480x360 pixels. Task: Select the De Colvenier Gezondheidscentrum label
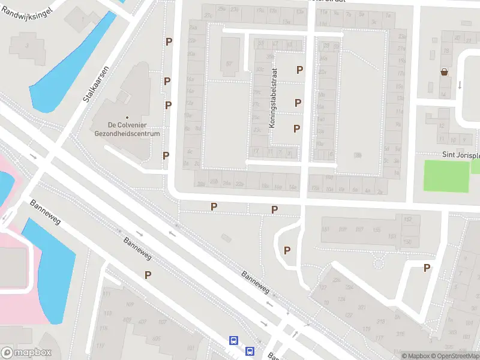[127, 130]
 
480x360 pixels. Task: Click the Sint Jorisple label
[461, 154]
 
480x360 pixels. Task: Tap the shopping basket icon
[445, 72]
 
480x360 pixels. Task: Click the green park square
[446, 176]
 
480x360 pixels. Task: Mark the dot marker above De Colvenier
[127, 118]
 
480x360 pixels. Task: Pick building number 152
[407, 220]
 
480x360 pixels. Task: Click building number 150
[407, 241]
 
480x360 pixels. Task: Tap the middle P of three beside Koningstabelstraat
[298, 103]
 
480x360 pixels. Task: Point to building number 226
[337, 280]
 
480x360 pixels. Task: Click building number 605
[157, 339]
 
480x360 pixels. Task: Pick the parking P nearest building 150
[427, 268]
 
